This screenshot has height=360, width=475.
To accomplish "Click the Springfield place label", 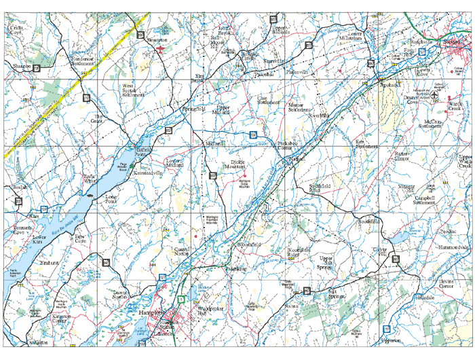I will [196, 109].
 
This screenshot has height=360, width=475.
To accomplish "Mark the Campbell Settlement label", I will [434, 200].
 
